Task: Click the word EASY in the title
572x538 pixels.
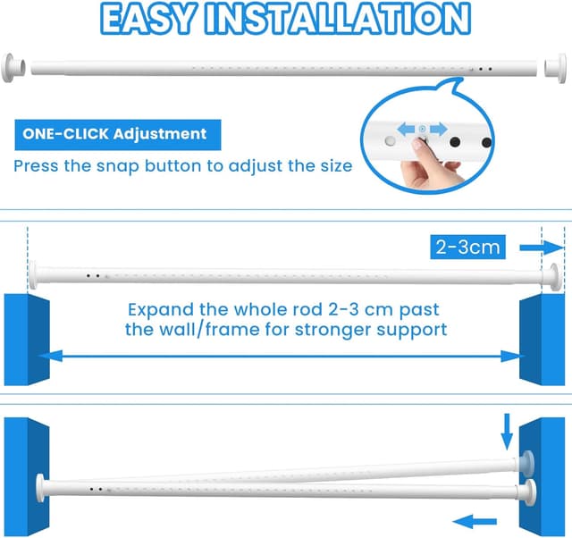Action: [147, 19]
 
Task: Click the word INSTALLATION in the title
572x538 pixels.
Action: [338, 19]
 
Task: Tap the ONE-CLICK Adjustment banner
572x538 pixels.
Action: [118, 135]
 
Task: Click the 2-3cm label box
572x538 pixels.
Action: [468, 247]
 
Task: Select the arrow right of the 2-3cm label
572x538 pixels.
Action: [543, 248]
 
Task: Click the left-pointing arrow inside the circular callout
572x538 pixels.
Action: [406, 129]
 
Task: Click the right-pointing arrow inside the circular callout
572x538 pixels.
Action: [439, 129]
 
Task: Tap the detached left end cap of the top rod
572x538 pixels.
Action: [13, 68]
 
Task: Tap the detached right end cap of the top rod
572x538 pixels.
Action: [556, 68]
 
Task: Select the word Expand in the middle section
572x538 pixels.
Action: [161, 310]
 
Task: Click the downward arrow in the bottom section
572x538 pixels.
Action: [507, 432]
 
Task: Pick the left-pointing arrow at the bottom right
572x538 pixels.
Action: [475, 521]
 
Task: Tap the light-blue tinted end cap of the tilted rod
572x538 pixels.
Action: [525, 464]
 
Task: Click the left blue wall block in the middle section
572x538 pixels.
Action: [27, 340]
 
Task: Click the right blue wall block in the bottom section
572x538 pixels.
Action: [543, 477]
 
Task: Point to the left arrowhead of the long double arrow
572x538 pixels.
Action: [50, 356]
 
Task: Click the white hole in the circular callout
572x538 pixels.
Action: [390, 140]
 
